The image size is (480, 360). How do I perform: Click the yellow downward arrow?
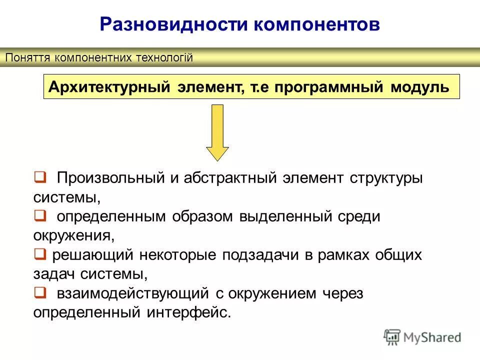point(217,132)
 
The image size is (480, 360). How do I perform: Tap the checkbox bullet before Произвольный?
point(40,177)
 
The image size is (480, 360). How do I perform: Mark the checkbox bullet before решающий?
point(40,254)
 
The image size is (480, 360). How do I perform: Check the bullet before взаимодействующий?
point(40,293)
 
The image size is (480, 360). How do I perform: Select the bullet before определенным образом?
point(40,216)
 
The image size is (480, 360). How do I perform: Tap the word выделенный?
point(286,216)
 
